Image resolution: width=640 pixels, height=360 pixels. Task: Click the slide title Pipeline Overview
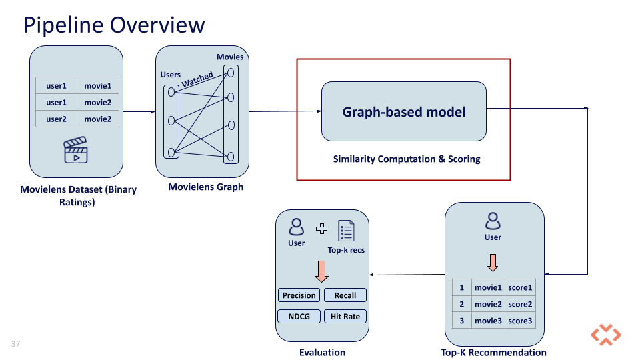pos(114,25)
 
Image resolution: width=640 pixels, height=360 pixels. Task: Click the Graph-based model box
pos(404,111)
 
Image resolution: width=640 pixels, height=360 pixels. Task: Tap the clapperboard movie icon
pos(75,151)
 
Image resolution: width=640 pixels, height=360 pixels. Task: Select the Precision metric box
pos(299,295)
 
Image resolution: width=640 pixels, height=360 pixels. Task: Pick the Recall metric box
pos(345,295)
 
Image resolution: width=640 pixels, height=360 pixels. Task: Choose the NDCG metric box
pos(299,317)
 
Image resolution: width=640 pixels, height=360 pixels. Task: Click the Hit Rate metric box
pos(345,317)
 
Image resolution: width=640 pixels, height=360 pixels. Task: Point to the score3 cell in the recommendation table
pos(520,321)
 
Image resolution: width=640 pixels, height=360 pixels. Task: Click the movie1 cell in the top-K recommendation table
pos(487,287)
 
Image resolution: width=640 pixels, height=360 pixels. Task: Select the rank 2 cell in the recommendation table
pos(461,304)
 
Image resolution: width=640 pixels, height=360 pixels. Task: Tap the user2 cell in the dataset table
pos(57,119)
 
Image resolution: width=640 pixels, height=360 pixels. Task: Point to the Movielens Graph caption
pos(206,187)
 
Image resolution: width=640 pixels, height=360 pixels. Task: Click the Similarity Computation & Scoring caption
pos(407,159)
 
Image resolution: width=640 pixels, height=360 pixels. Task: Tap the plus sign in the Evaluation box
pos(321,229)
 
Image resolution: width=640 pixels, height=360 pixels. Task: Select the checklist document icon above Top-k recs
pos(346,231)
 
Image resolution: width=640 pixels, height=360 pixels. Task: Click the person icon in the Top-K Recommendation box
pos(493,221)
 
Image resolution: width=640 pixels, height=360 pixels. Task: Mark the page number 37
pos(15,343)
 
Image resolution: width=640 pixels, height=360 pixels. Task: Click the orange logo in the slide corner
pos(605,335)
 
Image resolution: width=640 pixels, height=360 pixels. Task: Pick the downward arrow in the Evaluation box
pos(321,270)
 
